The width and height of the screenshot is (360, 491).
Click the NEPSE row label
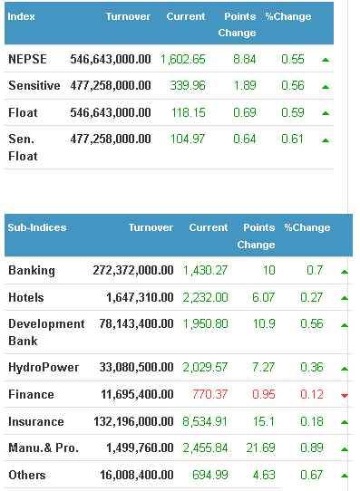pos(27,59)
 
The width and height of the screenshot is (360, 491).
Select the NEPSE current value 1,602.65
pos(183,60)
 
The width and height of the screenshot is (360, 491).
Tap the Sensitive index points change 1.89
pos(245,85)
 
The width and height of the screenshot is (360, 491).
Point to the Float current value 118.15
pos(189,112)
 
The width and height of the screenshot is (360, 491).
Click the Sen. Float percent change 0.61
pos(292,139)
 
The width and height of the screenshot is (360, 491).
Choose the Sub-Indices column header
pos(37,227)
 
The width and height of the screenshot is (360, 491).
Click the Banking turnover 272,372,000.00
pos(133,270)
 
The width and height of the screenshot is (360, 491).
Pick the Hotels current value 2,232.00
pos(206,297)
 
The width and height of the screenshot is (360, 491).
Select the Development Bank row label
pos(46,332)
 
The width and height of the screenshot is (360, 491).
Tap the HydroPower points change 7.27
pos(264,367)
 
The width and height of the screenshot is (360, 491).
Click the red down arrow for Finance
pos(345,396)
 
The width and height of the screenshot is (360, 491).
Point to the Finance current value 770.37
pos(209,394)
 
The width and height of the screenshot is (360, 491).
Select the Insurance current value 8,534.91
pos(205,421)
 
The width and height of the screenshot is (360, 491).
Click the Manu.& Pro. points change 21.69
pos(260,448)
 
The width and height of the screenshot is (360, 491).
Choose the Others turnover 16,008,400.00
pos(137,475)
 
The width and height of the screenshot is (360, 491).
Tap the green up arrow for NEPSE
pos(326,60)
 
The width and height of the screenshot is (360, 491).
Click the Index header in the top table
pos(21,16)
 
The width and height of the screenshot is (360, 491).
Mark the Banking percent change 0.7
pos(315,270)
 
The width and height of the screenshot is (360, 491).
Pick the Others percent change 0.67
pos(311,475)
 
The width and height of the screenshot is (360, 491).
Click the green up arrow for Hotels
pos(345,298)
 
